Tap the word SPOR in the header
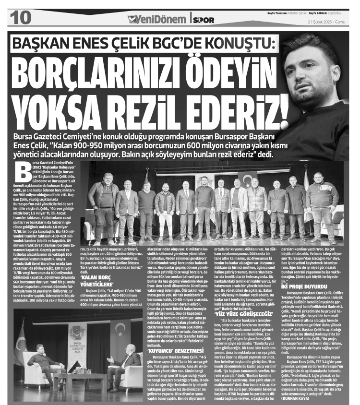click(x=203, y=20)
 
